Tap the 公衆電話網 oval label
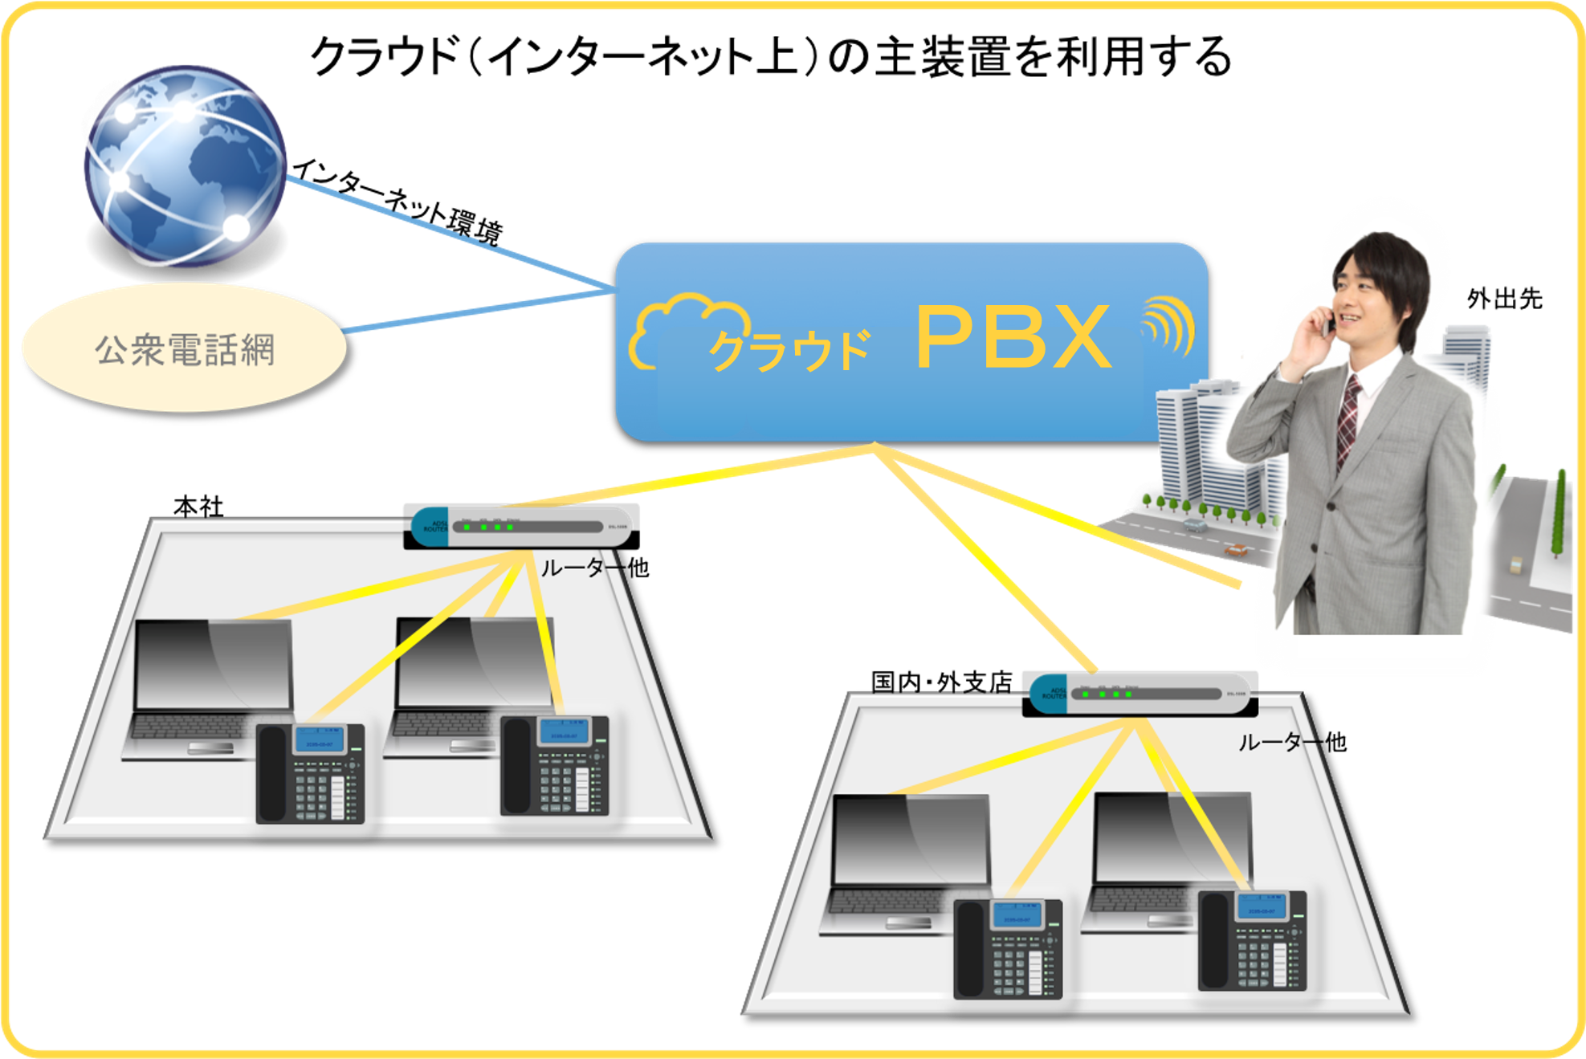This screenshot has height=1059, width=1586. [185, 349]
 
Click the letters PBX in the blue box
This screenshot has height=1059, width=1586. [1013, 337]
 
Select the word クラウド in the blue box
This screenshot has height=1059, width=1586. [789, 350]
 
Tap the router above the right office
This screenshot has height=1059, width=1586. [1139, 694]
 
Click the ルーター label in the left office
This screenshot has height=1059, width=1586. [580, 568]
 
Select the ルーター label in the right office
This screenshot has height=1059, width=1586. [1277, 743]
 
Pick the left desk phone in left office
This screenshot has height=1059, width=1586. [311, 773]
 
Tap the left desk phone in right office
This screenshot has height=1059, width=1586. [1009, 949]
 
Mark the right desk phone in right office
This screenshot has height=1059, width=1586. [1253, 941]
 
